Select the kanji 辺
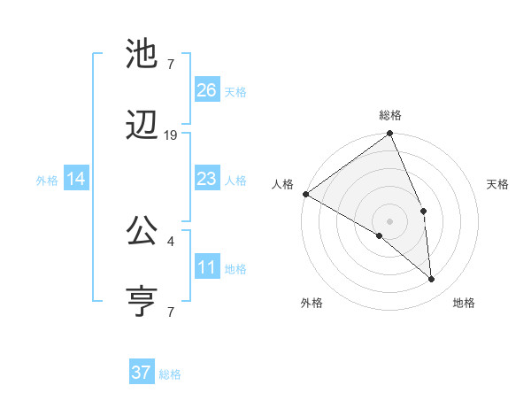coord(142,127)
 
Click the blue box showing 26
coord(207,90)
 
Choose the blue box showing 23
coord(207,179)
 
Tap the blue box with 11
coord(207,267)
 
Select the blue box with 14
coord(76,179)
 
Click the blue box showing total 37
coord(142,373)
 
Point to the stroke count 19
coord(171,135)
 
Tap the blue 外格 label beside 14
coord(47,180)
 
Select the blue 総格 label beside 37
coord(170,374)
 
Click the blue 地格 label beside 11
coord(235,268)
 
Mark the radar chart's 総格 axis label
coord(390,115)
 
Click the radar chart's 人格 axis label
coord(282,184)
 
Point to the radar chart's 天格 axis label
coord(498,184)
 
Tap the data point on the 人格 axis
coord(305,194)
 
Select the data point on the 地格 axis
coord(432,279)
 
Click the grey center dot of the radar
coord(390,220)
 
